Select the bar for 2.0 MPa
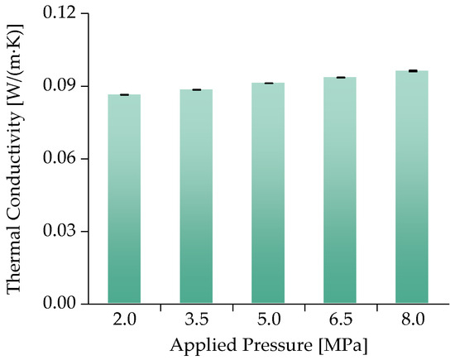click(x=124, y=199)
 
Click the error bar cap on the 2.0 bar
click(x=124, y=95)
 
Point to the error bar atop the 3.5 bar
click(x=196, y=89)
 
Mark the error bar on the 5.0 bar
click(x=268, y=84)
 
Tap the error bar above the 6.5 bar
click(x=340, y=77)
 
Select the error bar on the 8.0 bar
click(x=412, y=71)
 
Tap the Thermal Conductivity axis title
click(x=15, y=158)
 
